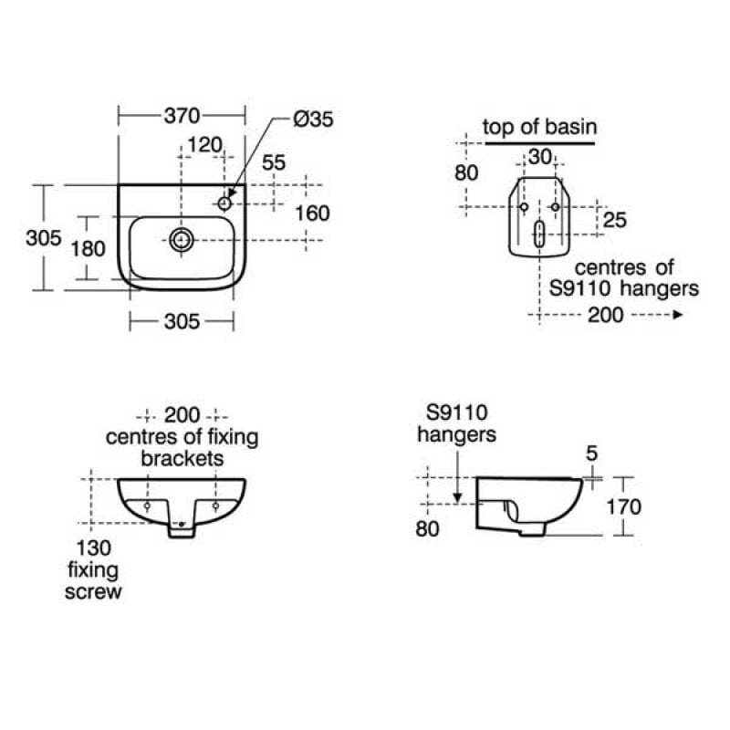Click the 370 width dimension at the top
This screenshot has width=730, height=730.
182,116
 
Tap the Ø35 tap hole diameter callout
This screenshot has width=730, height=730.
313,120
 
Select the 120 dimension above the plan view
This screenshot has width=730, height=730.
204,145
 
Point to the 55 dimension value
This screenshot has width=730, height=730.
273,162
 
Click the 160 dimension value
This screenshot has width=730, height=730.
312,214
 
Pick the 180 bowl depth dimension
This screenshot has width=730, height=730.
88,248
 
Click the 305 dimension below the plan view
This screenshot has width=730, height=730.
182,321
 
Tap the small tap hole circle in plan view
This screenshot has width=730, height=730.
224,203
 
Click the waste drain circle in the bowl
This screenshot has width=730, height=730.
181,240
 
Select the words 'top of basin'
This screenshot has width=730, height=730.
539,127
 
